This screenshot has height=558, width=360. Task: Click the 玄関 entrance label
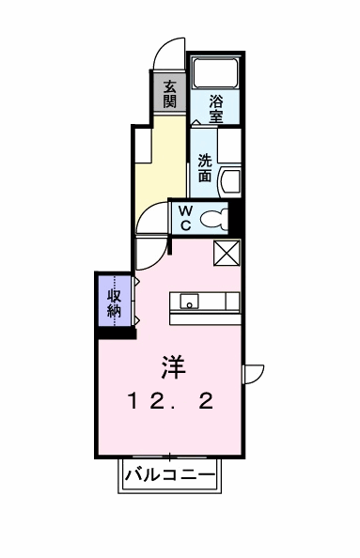(170, 94)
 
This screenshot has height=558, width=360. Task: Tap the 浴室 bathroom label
(216, 109)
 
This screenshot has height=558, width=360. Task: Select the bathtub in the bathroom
(215, 72)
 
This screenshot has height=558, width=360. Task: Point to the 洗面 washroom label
(205, 168)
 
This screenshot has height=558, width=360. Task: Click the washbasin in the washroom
(231, 182)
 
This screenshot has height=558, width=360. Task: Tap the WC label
(186, 218)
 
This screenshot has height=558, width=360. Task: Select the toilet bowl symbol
(214, 219)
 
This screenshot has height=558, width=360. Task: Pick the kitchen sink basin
(190, 302)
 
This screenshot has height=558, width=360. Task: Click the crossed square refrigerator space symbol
(227, 253)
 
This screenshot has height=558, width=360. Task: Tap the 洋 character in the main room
(174, 367)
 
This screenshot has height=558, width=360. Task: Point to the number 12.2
(171, 401)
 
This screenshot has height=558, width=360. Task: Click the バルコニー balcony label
(170, 474)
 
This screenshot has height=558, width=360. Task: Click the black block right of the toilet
(234, 218)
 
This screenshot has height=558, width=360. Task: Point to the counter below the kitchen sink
(205, 318)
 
